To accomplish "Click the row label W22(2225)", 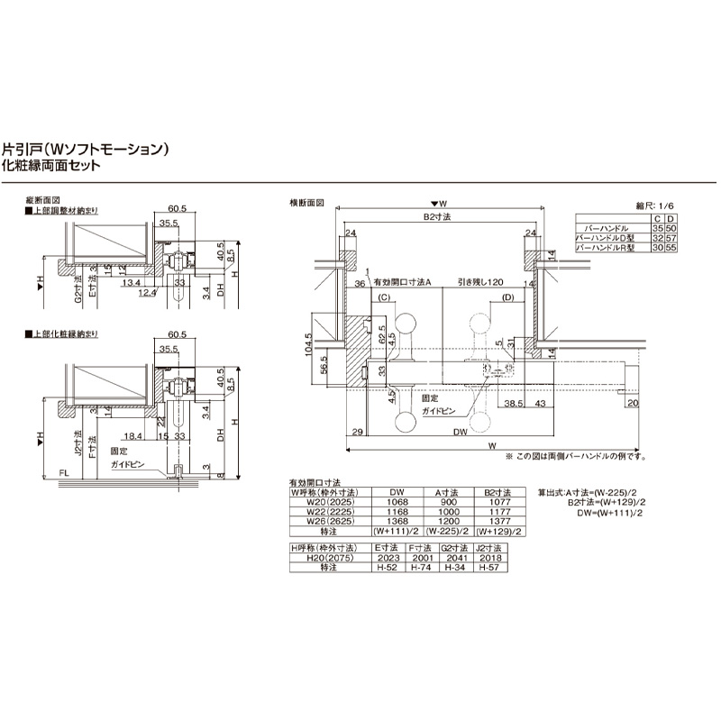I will coord(324,510).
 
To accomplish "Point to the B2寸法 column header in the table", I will coord(497,492).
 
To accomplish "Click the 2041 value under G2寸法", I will coord(455,557).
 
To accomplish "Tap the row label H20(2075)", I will coord(323,557).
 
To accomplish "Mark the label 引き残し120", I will coord(479,282).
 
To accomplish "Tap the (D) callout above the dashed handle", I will coord(507,297).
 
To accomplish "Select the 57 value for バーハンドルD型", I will coord(670,238).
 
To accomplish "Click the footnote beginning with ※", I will coord(576,456).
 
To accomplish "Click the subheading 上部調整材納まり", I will coord(64,210).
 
